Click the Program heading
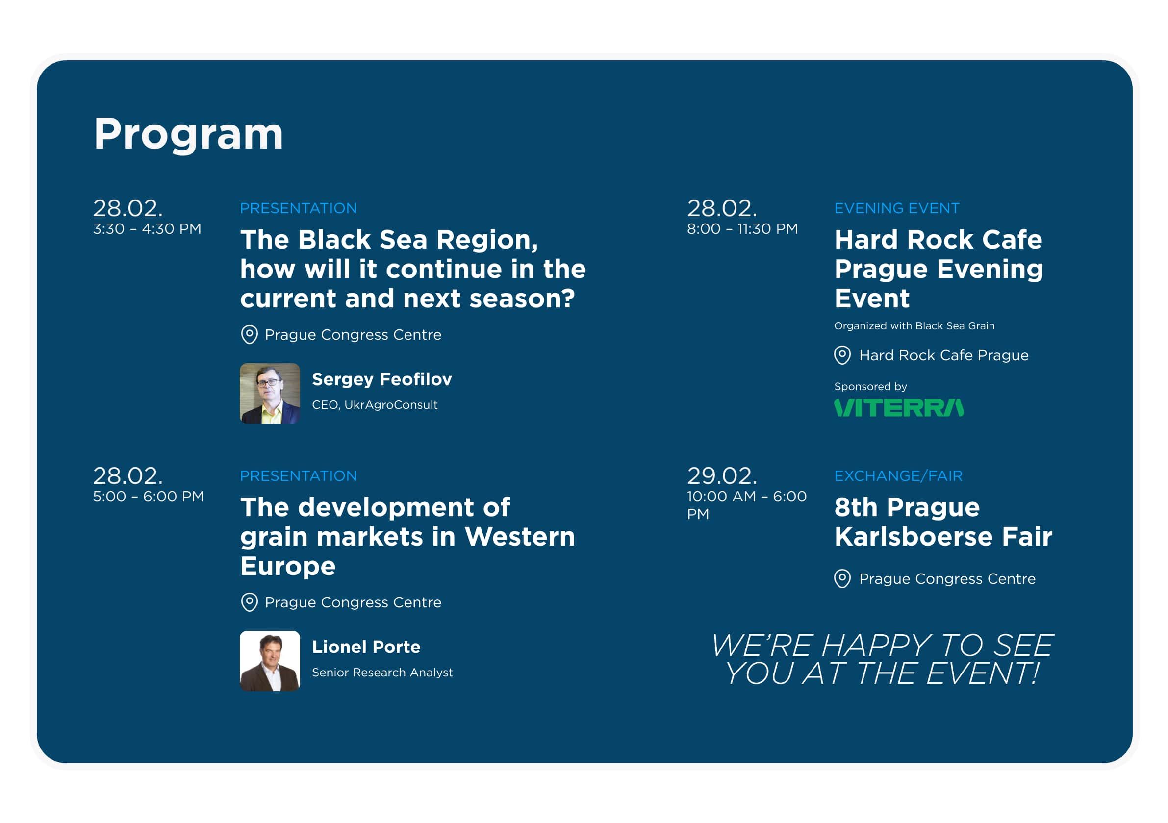point(188,135)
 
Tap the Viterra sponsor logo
point(899,408)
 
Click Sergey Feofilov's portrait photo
point(270,393)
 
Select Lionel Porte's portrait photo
point(270,661)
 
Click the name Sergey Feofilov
point(381,380)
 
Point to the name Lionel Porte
point(366,647)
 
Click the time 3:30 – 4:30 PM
point(147,229)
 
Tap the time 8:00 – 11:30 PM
point(742,229)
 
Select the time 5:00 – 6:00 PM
point(148,497)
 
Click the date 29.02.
point(722,476)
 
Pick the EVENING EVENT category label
point(897,208)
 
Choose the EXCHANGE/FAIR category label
point(898,475)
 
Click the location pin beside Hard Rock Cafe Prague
point(842,355)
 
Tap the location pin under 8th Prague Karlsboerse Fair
point(842,578)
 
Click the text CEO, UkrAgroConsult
point(375,405)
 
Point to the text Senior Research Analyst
point(382,673)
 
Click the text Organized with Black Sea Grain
point(914,326)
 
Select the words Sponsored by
point(870,387)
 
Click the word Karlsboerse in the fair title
point(914,537)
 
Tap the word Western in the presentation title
point(519,537)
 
